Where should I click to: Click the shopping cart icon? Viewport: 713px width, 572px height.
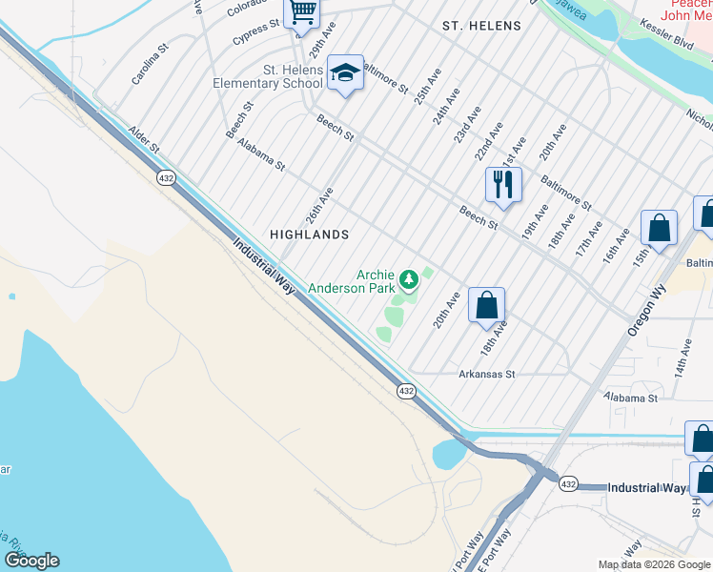[302, 12]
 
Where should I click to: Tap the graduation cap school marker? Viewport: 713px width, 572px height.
[345, 72]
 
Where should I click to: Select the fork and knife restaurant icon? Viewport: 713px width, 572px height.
[502, 183]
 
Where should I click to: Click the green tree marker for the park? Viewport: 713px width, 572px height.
[409, 278]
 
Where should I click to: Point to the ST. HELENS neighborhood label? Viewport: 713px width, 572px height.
[481, 26]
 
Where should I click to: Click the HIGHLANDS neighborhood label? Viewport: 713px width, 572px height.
[309, 234]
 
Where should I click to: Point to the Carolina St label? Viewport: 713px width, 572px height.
[150, 62]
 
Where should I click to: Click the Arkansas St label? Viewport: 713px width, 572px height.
[486, 375]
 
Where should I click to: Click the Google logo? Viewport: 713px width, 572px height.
[31, 561]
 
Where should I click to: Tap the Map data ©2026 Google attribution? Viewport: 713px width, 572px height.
[653, 564]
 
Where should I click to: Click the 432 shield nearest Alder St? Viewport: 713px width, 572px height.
[167, 178]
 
